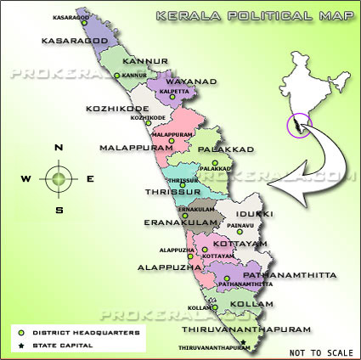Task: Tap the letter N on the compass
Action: tap(59, 148)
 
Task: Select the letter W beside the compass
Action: tap(26, 178)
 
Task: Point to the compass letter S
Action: tap(59, 209)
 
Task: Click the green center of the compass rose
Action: tap(58, 178)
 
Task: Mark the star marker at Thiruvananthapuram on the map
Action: tap(243, 343)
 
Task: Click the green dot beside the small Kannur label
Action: tap(119, 76)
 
